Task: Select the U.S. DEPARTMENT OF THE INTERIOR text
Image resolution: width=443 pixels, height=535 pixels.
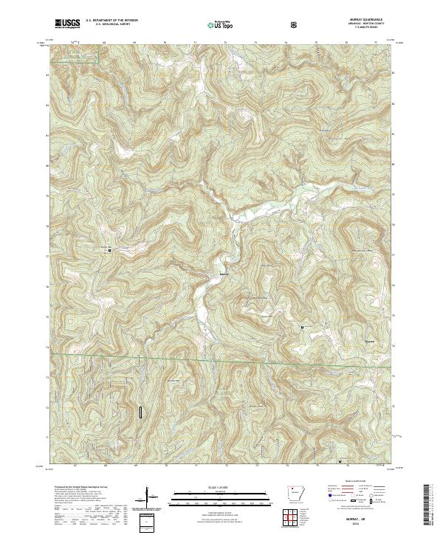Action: pyautogui.click(x=111, y=21)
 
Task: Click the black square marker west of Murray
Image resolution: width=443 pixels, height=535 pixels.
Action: pyautogui.click(x=111, y=251)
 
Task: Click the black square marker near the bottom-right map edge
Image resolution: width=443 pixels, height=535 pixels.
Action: pyautogui.click(x=339, y=462)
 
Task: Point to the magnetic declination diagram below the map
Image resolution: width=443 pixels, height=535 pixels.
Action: pyautogui.click(x=153, y=499)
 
